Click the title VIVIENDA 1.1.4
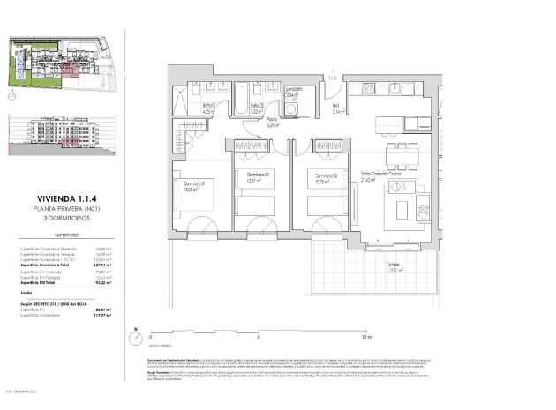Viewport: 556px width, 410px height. point(61,199)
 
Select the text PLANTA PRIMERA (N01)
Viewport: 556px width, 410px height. point(61,208)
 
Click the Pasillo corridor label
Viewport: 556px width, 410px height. point(274,123)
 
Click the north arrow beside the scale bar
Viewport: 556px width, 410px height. point(136,335)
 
